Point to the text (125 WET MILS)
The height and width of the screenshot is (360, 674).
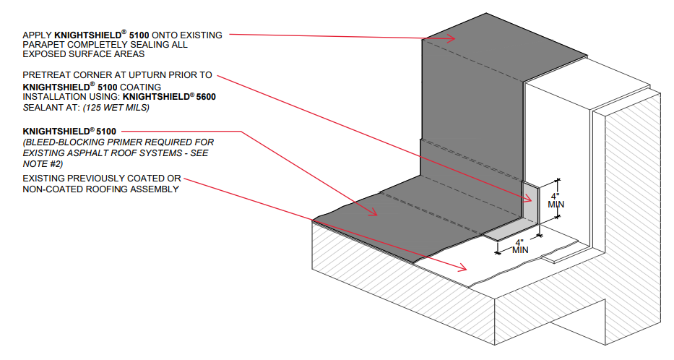[121, 107]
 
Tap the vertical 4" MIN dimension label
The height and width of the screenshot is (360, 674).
[556, 199]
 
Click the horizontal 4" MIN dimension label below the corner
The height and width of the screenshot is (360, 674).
[520, 246]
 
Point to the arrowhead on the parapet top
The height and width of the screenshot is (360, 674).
[453, 40]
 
